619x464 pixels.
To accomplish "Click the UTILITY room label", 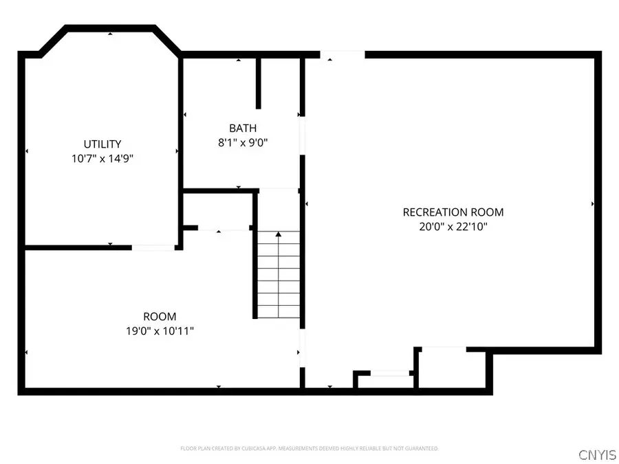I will coord(102,144).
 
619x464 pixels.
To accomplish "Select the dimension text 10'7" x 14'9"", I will coord(102,158).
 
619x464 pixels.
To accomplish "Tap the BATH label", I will coord(243,128).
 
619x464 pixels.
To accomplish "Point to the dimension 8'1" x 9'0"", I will coord(243,143).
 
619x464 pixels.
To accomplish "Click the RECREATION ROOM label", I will coord(453,212).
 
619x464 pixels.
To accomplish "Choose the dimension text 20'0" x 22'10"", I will coord(453,226).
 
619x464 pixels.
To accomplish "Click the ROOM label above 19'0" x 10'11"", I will coord(160,316).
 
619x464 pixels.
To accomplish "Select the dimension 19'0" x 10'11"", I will coord(160,331).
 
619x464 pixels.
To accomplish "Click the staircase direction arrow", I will coord(279,235).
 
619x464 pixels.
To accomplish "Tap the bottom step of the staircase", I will coord(279,311).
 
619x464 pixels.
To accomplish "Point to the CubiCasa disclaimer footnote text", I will coord(309,448).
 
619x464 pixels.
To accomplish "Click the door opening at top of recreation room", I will coord(342,54).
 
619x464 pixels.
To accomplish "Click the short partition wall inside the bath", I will coord(259,82).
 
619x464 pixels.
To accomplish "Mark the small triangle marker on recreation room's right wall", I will coord(593,204).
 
